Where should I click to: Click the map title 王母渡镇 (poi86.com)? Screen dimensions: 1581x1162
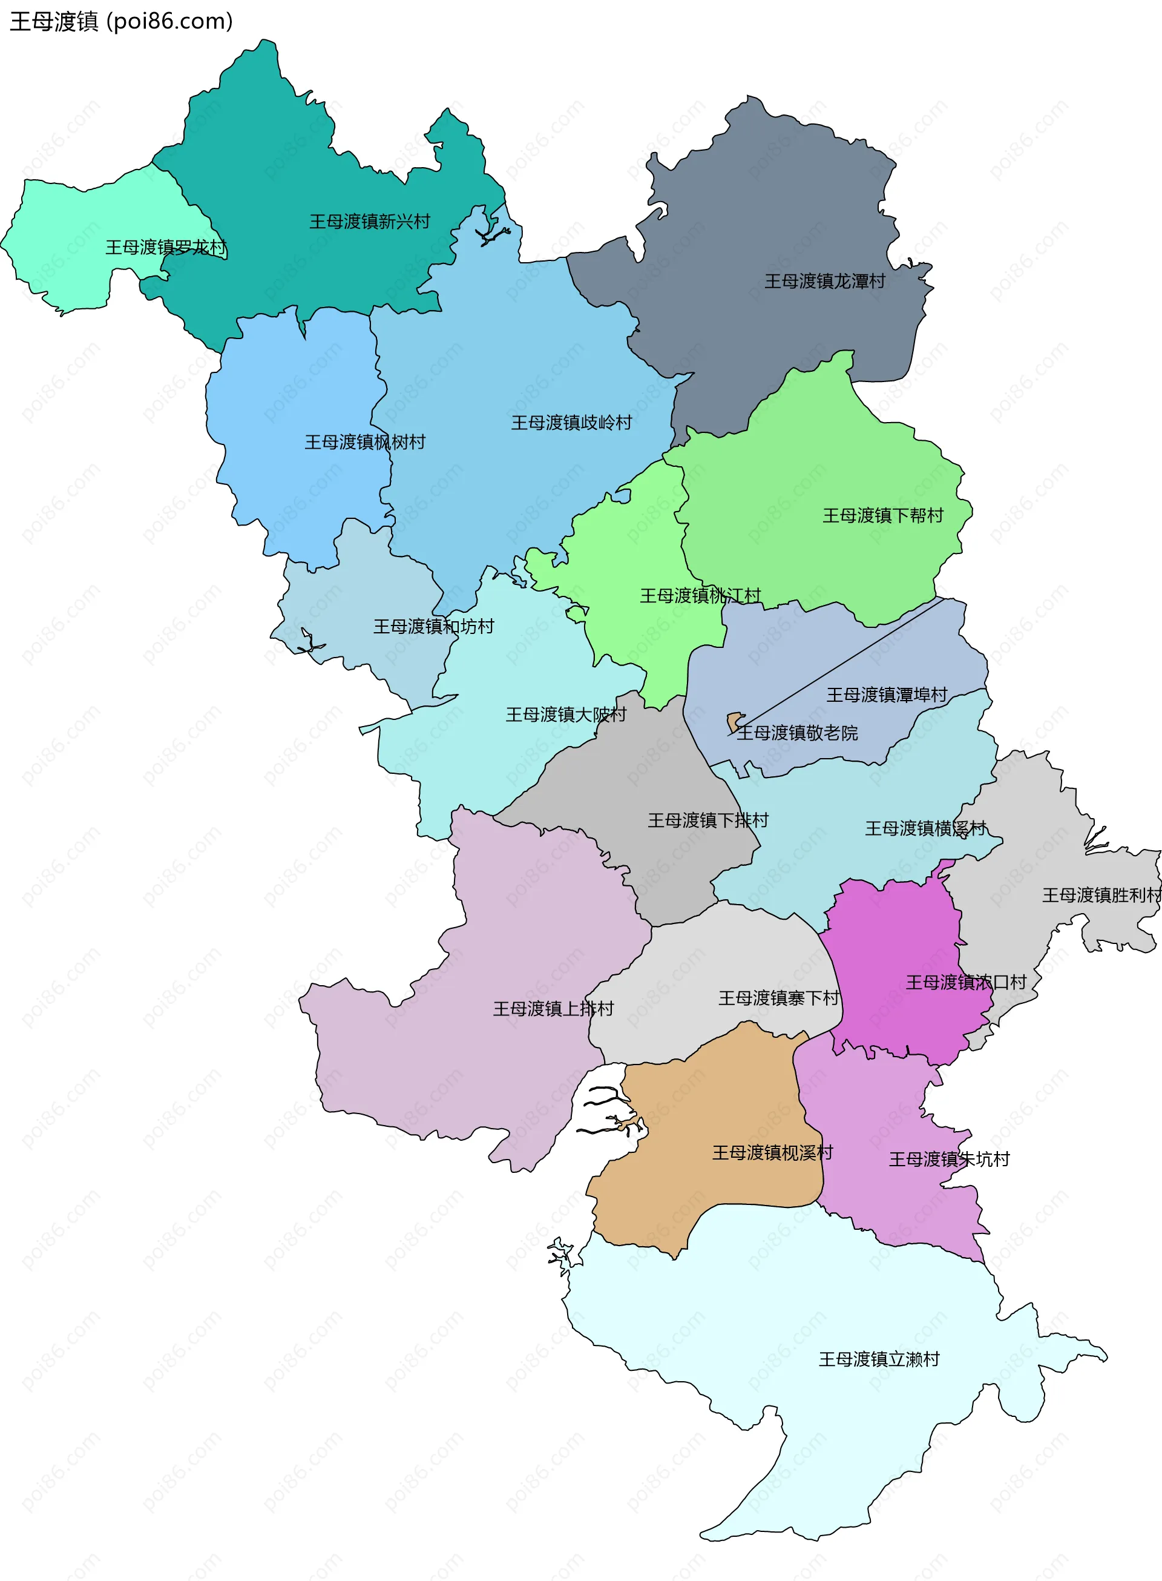121,21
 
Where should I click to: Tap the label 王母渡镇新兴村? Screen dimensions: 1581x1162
369,222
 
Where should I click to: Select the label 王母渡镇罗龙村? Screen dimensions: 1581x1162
166,247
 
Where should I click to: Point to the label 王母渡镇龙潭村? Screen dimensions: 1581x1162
824,282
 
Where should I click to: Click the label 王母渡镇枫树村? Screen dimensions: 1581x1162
364,442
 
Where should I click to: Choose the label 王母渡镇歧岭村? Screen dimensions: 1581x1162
571,422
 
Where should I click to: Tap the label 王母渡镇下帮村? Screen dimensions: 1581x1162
883,516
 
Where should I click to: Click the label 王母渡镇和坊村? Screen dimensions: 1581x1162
433,626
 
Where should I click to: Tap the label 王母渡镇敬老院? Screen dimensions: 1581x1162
797,733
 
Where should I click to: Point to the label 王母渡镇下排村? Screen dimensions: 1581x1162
707,820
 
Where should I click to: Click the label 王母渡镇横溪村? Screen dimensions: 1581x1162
925,828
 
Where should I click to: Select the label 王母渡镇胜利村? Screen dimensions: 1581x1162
1101,895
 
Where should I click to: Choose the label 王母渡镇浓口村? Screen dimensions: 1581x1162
966,982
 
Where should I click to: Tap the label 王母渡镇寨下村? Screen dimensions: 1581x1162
779,998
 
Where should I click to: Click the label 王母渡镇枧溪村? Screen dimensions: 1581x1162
772,1152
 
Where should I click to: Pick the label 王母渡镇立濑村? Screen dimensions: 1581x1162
879,1359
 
